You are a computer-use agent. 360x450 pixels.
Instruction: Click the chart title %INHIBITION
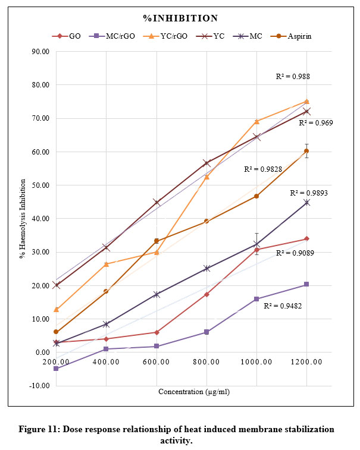(x=180, y=18)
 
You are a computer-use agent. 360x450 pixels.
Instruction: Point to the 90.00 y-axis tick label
(x=41, y=51)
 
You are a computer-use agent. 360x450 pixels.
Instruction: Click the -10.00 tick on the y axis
(x=41, y=385)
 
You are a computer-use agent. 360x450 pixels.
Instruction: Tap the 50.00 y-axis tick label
(x=41, y=185)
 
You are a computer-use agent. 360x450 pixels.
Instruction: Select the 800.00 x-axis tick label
(x=206, y=361)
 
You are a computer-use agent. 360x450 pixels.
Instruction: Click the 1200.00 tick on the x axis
(x=307, y=361)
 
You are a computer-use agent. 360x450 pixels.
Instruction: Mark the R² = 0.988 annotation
(x=293, y=76)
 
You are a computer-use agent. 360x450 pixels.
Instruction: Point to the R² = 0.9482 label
(x=281, y=307)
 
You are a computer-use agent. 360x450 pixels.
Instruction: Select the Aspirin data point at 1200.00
(x=307, y=151)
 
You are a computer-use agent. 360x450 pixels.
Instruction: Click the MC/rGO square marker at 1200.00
(x=307, y=284)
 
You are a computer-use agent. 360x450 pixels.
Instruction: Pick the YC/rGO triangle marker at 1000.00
(x=257, y=122)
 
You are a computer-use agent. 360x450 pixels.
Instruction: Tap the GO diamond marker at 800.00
(x=206, y=294)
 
